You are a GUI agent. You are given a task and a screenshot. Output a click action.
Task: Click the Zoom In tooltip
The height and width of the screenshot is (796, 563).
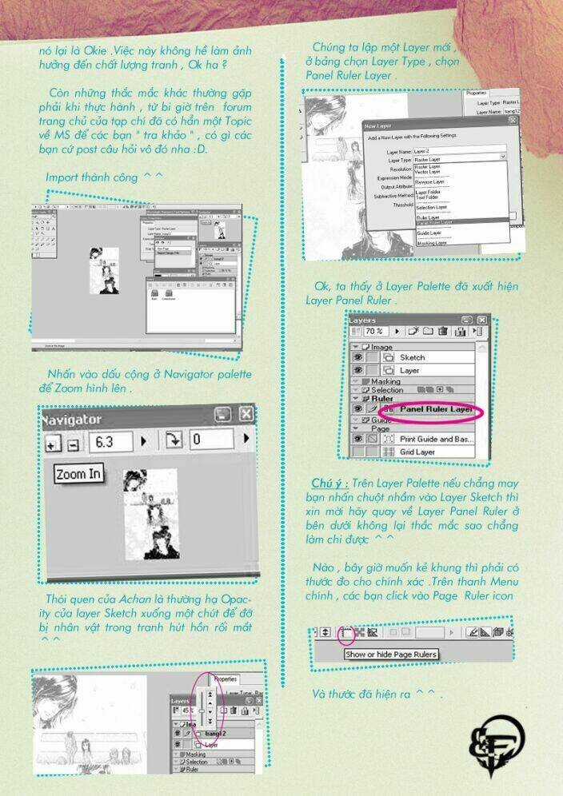79,474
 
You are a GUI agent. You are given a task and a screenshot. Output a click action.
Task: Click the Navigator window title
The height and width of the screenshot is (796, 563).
71,419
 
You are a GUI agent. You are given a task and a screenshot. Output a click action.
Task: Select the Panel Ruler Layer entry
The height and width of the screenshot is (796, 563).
436,409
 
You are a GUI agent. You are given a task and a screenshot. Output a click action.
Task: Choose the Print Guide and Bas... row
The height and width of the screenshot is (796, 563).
436,439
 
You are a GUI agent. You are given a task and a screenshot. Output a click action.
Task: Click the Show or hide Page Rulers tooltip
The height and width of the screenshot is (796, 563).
391,655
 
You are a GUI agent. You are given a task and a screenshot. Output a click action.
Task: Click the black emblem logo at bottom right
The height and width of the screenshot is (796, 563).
496,745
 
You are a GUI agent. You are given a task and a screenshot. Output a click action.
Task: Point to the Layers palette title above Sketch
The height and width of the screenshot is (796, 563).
362,319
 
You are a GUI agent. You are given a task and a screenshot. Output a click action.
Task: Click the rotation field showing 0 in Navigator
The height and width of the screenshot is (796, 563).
210,440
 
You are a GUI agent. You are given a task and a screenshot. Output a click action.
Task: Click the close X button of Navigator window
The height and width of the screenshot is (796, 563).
246,414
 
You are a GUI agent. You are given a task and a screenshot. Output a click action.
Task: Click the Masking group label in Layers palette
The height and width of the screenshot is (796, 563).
385,382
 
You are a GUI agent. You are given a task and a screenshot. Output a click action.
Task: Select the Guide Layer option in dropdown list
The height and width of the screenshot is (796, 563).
429,233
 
